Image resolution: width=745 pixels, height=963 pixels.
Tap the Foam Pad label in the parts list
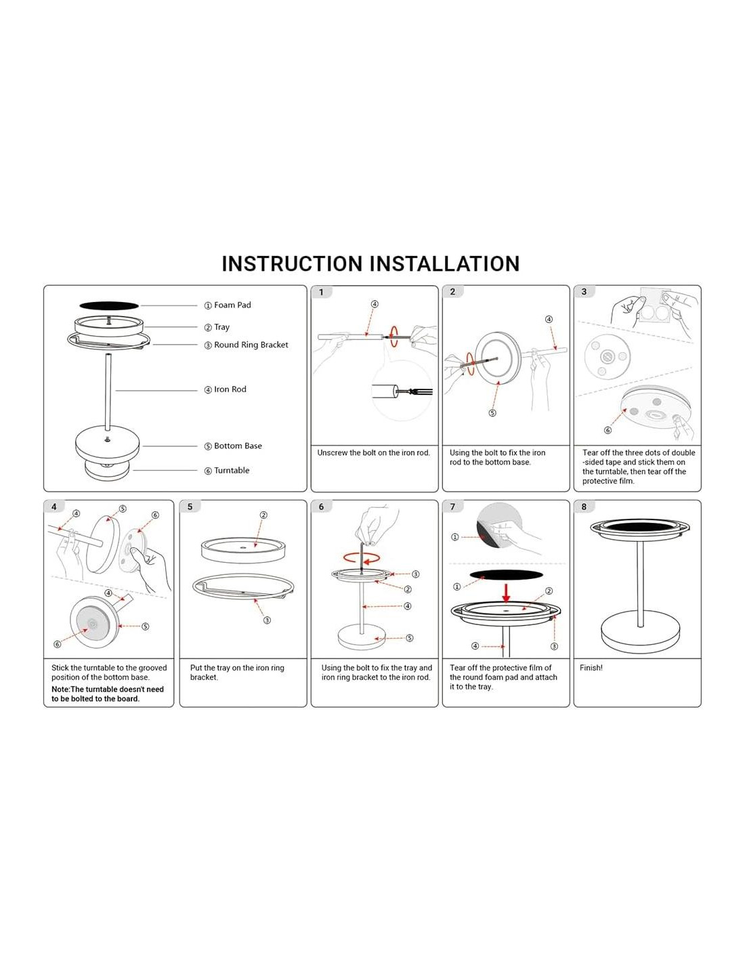click(x=232, y=305)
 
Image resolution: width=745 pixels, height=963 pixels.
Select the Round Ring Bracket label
click(x=251, y=345)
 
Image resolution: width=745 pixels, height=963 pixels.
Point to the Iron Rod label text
click(x=230, y=389)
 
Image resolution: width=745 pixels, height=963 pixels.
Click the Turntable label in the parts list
click(x=232, y=471)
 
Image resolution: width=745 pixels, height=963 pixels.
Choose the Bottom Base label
click(x=238, y=446)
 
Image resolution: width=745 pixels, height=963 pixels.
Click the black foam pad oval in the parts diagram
click(x=109, y=306)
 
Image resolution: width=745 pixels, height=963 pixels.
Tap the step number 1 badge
click(x=322, y=293)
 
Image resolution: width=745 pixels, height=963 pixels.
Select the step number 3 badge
click(x=584, y=292)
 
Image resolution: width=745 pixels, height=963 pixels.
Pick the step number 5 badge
click(x=190, y=507)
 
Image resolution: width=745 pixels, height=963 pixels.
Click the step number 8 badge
click(x=584, y=507)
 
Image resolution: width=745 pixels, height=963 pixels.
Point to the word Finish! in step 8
click(x=591, y=668)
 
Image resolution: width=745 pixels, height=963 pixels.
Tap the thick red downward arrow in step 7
click(x=506, y=593)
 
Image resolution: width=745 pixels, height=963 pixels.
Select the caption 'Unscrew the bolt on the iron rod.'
click(x=374, y=453)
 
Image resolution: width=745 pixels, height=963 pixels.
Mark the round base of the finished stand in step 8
click(x=640, y=631)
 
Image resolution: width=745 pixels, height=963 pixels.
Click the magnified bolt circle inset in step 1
click(x=402, y=391)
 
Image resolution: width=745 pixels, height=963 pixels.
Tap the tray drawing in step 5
click(x=242, y=549)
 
